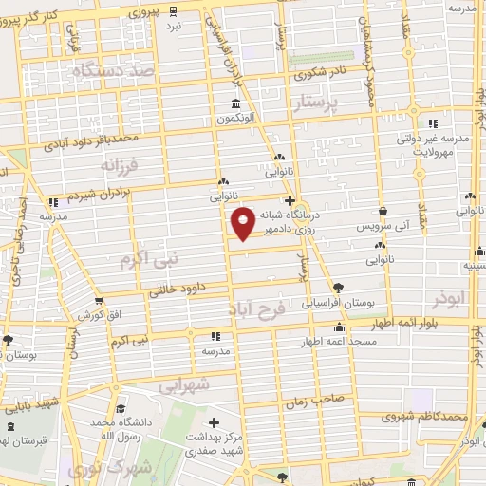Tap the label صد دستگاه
[x=117, y=72]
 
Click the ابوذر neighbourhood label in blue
[x=449, y=299]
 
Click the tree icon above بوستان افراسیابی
[x=338, y=288]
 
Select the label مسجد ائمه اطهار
[x=337, y=340]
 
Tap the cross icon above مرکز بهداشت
[x=215, y=422]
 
